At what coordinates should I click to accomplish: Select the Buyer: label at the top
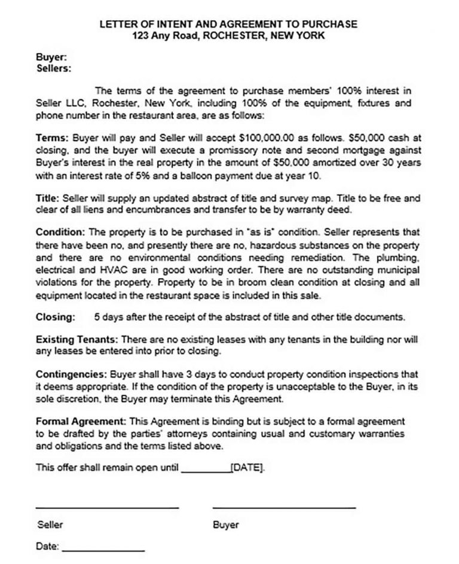(51, 58)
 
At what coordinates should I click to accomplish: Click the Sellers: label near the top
(54, 68)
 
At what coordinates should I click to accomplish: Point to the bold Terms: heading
(52, 137)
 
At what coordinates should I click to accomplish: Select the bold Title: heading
(48, 198)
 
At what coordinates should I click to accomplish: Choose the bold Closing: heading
(56, 317)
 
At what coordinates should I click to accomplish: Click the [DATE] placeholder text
(246, 467)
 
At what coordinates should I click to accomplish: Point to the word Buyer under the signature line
(225, 525)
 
